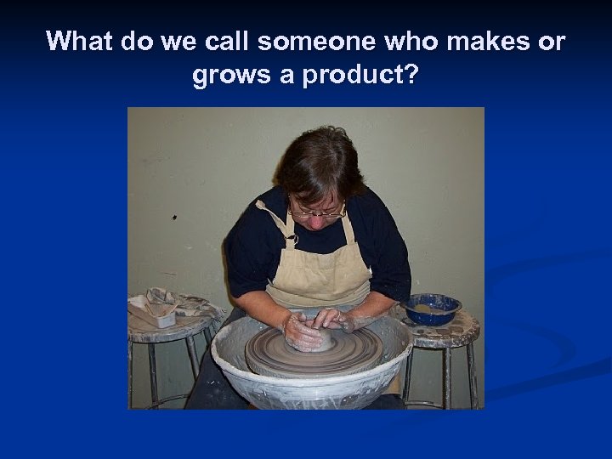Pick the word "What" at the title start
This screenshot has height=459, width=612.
pyautogui.click(x=81, y=42)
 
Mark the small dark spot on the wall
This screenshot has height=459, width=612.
pyautogui.click(x=174, y=218)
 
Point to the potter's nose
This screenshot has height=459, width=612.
pyautogui.click(x=318, y=218)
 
